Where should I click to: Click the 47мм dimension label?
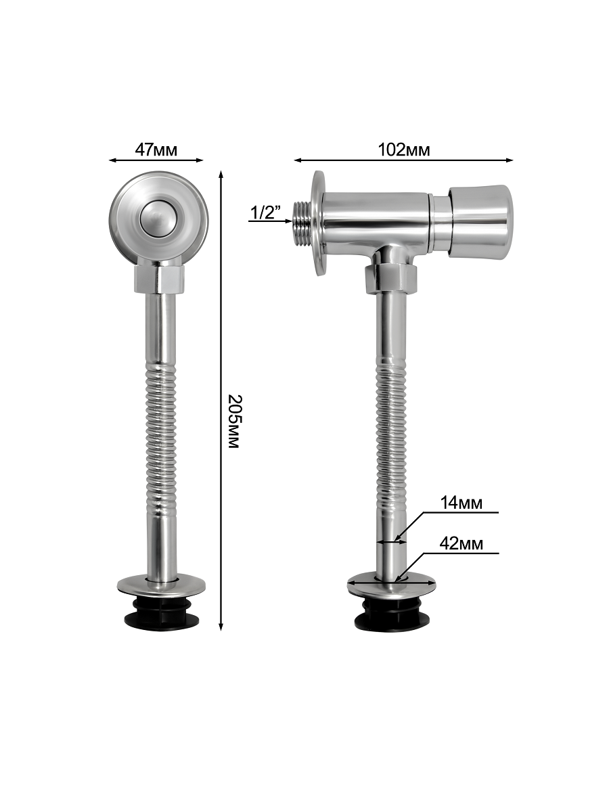[156, 150]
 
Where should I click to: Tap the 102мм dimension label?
[404, 150]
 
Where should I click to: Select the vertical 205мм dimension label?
[234, 422]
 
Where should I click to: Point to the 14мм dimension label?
[461, 503]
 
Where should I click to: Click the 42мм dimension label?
[461, 544]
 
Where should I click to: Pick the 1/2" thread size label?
[265, 212]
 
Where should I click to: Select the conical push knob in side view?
[481, 221]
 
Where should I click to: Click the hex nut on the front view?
[158, 278]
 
